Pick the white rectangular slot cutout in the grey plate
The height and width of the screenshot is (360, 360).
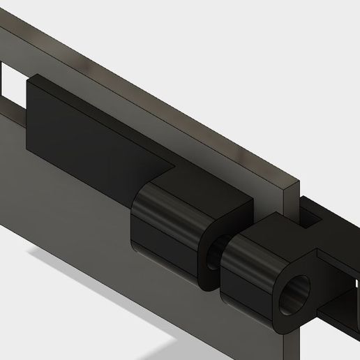(8, 84)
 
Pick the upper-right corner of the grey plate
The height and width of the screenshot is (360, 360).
(296, 183)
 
